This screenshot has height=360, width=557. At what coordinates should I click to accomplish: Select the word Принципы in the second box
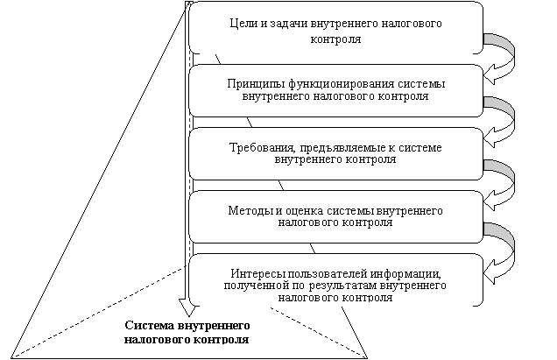pyautogui.click(x=250, y=84)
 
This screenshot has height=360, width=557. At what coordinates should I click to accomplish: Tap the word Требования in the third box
pyautogui.click(x=256, y=147)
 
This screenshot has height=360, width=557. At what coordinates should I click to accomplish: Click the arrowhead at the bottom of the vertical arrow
pyautogui.click(x=186, y=307)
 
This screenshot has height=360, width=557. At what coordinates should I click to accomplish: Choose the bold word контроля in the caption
pyautogui.click(x=220, y=338)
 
